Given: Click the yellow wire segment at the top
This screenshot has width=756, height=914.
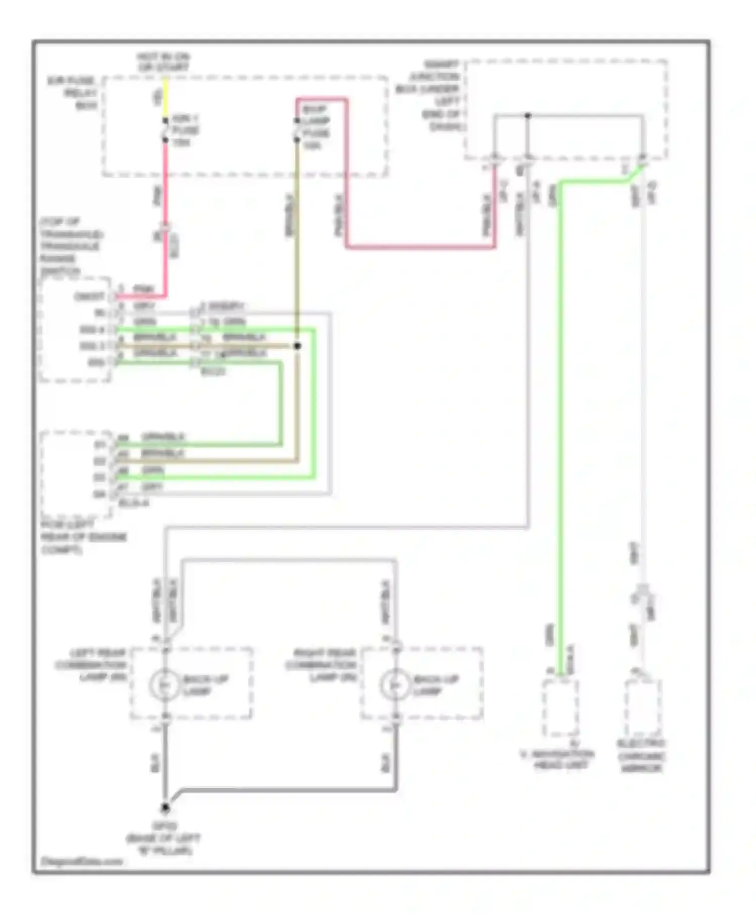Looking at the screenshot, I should [165, 98].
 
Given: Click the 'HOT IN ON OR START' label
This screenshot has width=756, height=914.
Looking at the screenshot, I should [163, 61].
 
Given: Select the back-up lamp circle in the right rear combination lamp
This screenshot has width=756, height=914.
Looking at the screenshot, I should [396, 685].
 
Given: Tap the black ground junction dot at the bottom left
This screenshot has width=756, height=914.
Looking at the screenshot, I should [165, 808].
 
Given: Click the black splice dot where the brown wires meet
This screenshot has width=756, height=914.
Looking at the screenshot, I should [297, 346].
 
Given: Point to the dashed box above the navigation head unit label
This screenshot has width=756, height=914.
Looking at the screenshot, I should [560, 708].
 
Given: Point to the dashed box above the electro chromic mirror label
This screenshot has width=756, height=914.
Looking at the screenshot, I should [643, 708].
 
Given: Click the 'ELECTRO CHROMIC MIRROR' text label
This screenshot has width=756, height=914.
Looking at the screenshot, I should [641, 756].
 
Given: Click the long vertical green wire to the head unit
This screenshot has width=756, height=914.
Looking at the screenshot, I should [559, 428].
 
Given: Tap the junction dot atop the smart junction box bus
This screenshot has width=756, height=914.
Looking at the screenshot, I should [528, 115].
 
